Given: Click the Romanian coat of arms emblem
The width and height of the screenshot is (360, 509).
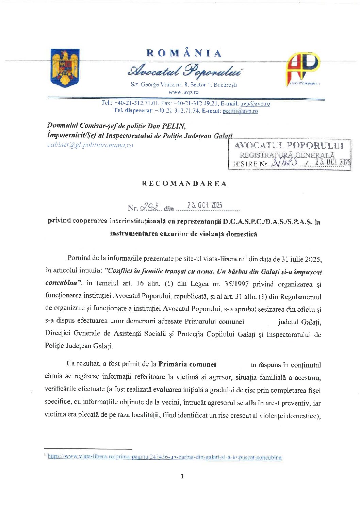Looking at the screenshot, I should coord(65,68).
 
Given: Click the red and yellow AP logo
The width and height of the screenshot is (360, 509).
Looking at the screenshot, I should coord(303,69).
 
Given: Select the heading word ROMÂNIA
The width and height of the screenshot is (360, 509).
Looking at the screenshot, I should coord(184,53).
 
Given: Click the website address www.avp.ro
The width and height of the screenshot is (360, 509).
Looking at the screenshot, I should coord(184,92).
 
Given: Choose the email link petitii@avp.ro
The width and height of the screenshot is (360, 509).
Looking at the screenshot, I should coord(240,111).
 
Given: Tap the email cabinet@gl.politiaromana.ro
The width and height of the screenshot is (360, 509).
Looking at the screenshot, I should coord(90,145).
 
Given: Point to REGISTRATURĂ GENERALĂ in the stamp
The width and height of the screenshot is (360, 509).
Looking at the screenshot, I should coord(287,155).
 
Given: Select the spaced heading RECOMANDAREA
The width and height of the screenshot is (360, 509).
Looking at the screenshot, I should coord(184,184).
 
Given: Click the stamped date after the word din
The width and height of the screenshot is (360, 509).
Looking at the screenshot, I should coord(205,205).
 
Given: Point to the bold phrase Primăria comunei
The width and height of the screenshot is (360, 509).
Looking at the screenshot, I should coord(187,364).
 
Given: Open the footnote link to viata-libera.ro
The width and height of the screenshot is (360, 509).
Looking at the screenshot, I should coord(165,457).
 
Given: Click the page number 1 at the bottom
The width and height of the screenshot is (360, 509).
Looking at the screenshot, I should coord(182,476).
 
